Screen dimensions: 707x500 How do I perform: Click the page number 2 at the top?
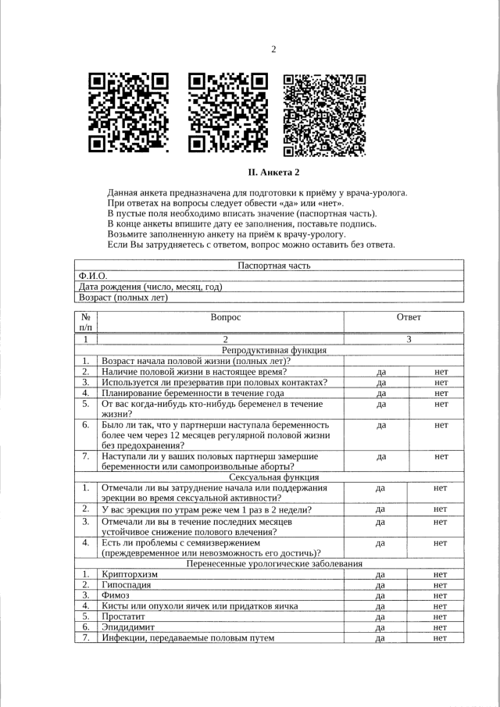(273, 50)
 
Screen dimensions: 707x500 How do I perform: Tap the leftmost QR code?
(128, 112)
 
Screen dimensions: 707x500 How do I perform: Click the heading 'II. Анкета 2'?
(273, 172)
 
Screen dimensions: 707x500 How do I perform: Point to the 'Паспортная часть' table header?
(273, 266)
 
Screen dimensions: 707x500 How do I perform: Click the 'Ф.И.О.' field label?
(93, 277)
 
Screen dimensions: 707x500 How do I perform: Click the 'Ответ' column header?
(409, 317)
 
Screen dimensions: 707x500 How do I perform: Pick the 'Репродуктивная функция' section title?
(274, 350)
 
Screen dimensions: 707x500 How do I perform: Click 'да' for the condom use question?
(382, 383)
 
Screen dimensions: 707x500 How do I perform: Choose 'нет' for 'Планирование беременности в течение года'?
(441, 394)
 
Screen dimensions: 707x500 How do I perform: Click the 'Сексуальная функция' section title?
(274, 477)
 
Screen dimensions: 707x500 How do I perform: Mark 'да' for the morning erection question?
(380, 509)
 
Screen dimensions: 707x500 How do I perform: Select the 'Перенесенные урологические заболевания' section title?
(274, 563)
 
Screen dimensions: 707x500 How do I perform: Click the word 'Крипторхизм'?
(130, 574)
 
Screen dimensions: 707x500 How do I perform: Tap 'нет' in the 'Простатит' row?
(440, 616)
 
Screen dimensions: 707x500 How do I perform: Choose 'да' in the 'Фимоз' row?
(380, 595)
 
